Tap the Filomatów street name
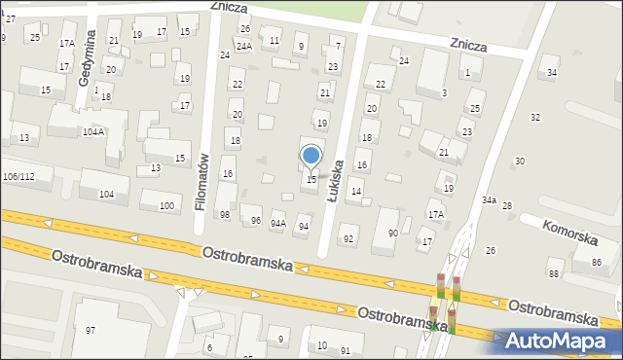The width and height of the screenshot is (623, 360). pos(203,181)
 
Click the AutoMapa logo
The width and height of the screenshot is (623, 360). pos(562,341)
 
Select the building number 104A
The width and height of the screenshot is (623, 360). pos(93,131)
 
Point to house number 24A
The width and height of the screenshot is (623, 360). pos(243,46)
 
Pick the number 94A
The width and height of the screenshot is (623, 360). pos(278,224)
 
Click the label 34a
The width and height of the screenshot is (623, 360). pos(489,200)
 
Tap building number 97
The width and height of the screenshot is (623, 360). pos(91,331)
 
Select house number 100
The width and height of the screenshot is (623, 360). pos(167,205)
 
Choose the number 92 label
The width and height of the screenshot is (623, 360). pos(348,238)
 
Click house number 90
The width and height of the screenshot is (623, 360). pos(392,233)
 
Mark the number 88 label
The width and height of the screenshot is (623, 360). pos(554,273)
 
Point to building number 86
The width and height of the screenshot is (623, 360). pos(596,263)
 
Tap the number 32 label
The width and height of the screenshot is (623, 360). pos(534,117)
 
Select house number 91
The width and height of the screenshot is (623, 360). pos(345,350)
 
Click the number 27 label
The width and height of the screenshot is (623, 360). pos(10,19)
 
